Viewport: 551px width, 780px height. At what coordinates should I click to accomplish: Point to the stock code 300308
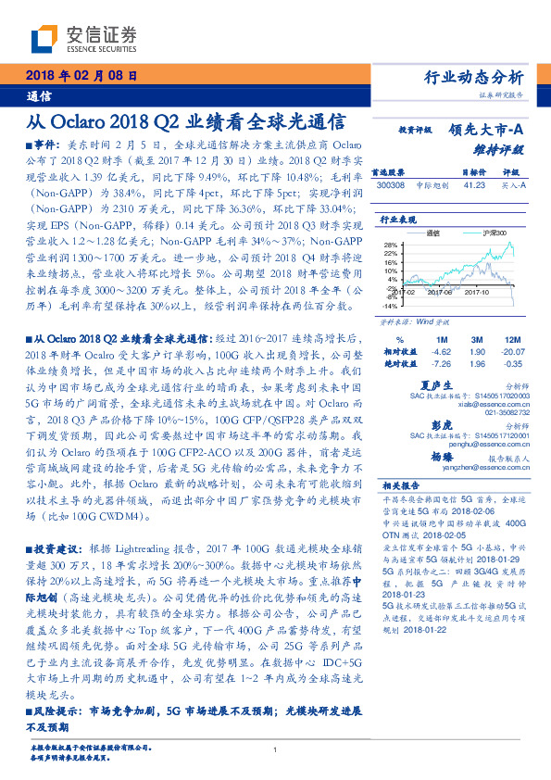(x=390, y=185)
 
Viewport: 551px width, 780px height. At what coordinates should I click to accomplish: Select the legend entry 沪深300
(x=498, y=234)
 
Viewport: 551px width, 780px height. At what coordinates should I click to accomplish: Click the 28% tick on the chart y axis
(x=389, y=245)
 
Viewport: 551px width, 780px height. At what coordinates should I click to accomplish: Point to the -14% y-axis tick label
(x=388, y=304)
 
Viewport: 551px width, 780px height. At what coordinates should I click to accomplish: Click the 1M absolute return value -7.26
(x=443, y=364)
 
